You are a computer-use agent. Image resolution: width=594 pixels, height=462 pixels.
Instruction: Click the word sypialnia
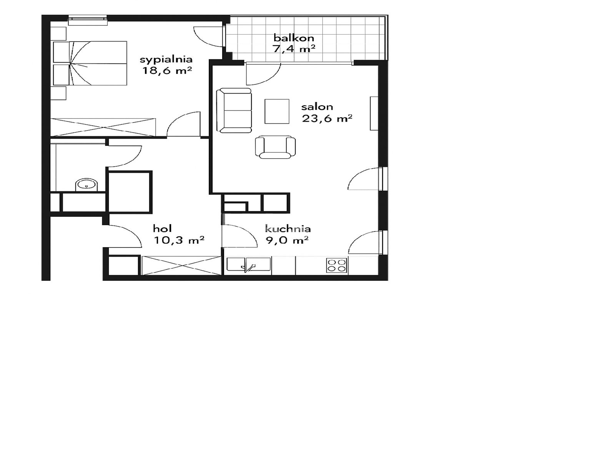click(166, 59)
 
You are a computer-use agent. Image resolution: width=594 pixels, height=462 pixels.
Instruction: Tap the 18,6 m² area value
click(167, 70)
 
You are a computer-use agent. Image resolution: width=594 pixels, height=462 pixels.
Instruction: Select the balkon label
click(294, 38)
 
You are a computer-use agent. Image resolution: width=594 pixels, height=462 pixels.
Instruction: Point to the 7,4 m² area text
click(294, 49)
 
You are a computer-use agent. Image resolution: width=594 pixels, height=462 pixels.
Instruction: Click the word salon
click(317, 107)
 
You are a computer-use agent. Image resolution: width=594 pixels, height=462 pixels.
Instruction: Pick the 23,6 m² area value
click(327, 118)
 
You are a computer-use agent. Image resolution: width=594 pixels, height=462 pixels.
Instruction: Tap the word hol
click(162, 228)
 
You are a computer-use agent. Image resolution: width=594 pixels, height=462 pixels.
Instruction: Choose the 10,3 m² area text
click(179, 240)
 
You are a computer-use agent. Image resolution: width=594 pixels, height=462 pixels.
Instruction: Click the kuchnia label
click(288, 228)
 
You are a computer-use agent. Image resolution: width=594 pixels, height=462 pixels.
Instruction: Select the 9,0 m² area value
click(287, 240)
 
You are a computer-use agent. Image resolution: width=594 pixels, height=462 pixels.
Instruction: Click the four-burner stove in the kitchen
click(337, 265)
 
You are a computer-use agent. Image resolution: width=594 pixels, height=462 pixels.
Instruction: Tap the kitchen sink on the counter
click(249, 265)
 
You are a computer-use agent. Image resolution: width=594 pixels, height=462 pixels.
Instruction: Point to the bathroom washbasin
click(87, 185)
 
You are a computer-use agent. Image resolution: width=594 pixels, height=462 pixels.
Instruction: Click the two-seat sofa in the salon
click(234, 110)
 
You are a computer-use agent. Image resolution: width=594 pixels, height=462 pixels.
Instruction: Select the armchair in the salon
click(275, 147)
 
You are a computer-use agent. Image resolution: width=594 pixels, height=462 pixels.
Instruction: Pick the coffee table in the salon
click(277, 111)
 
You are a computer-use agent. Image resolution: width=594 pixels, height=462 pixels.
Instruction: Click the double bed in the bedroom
click(90, 63)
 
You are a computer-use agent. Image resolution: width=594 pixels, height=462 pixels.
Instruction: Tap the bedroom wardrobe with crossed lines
click(103, 127)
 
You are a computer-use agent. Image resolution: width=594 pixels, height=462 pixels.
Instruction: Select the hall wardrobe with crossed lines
click(181, 265)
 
